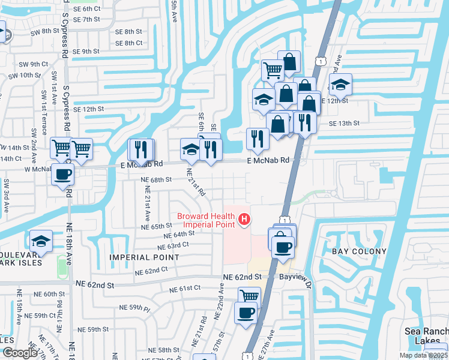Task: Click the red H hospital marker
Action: [244, 220]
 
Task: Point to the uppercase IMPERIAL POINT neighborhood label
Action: [144, 257]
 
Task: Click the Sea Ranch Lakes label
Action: [426, 335]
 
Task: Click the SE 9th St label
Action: [86, 52]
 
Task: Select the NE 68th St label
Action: [156, 179]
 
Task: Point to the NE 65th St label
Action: [157, 226]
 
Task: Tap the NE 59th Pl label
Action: [134, 308]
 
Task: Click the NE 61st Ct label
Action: [184, 289]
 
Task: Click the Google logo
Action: [20, 353]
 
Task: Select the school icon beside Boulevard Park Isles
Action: [40, 241]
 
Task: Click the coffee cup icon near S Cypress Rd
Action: [62, 175]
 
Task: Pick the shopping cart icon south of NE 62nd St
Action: [249, 296]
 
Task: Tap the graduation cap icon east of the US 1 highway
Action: [340, 85]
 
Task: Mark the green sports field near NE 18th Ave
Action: [62, 267]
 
